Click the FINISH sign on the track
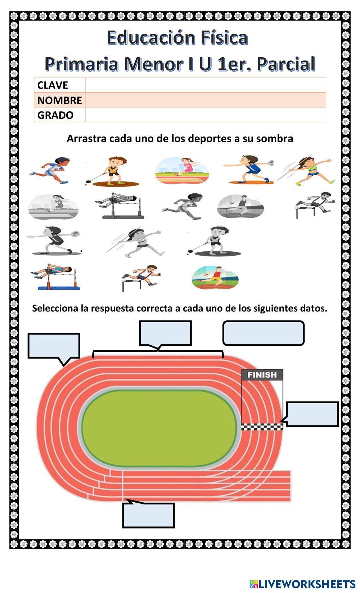tap(262, 375)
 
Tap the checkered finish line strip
tap(262, 427)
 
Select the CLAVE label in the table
tap(53, 85)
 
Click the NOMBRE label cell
tap(60, 100)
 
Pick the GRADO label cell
tap(55, 115)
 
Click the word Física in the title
tap(224, 38)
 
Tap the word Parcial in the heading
tap(287, 64)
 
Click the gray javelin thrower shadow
tap(135, 241)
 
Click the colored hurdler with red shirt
tap(141, 277)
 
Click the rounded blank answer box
tap(264, 333)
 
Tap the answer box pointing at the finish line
tap(312, 414)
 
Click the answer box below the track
tap(148, 515)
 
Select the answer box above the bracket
tap(165, 333)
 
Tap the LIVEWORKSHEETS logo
tap(302, 584)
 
